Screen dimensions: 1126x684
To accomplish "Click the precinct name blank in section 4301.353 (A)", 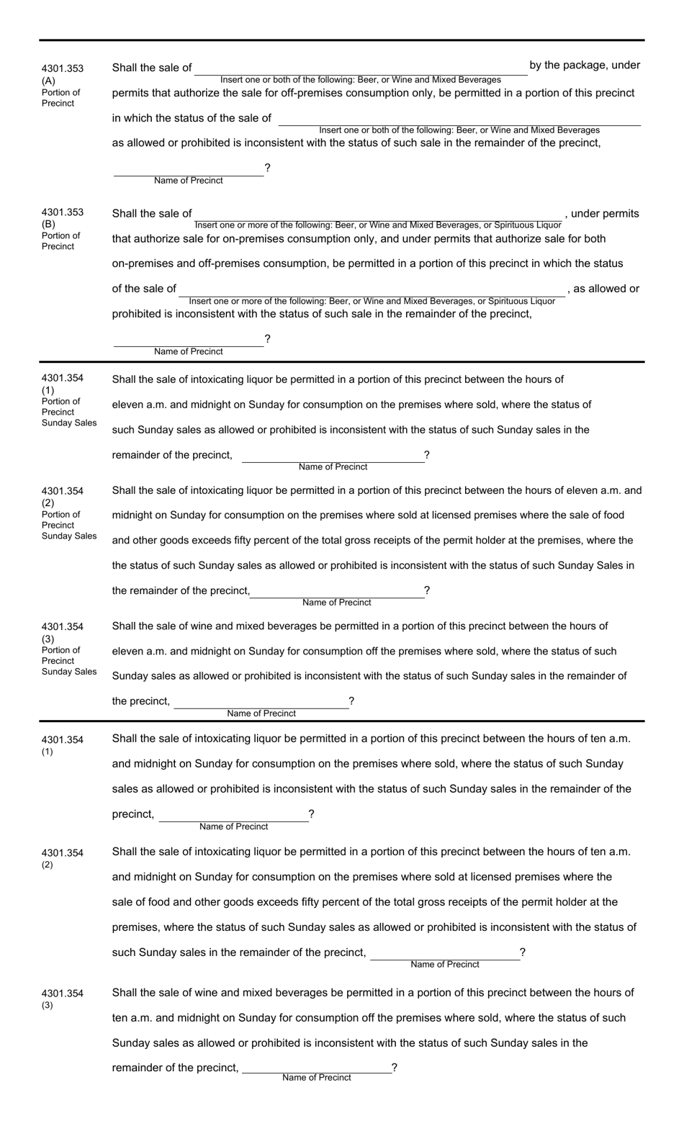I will [188, 170].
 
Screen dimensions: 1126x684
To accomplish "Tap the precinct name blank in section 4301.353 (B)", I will [188, 341].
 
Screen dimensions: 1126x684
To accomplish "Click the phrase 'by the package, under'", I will [585, 66].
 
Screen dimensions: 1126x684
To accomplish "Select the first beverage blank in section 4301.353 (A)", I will [360, 68].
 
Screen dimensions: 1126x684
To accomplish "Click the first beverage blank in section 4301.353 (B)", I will [378, 215].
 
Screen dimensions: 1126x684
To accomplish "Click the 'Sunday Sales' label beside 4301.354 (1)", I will [69, 423].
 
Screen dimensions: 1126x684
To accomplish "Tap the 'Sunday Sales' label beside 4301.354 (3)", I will [69, 672].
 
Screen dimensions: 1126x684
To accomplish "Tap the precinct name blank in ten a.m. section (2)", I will [444, 954].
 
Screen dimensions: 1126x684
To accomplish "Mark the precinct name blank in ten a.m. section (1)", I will [233, 816].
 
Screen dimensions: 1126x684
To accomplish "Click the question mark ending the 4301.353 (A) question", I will [268, 168].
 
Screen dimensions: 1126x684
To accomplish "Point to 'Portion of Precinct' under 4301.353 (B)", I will [60, 241].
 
